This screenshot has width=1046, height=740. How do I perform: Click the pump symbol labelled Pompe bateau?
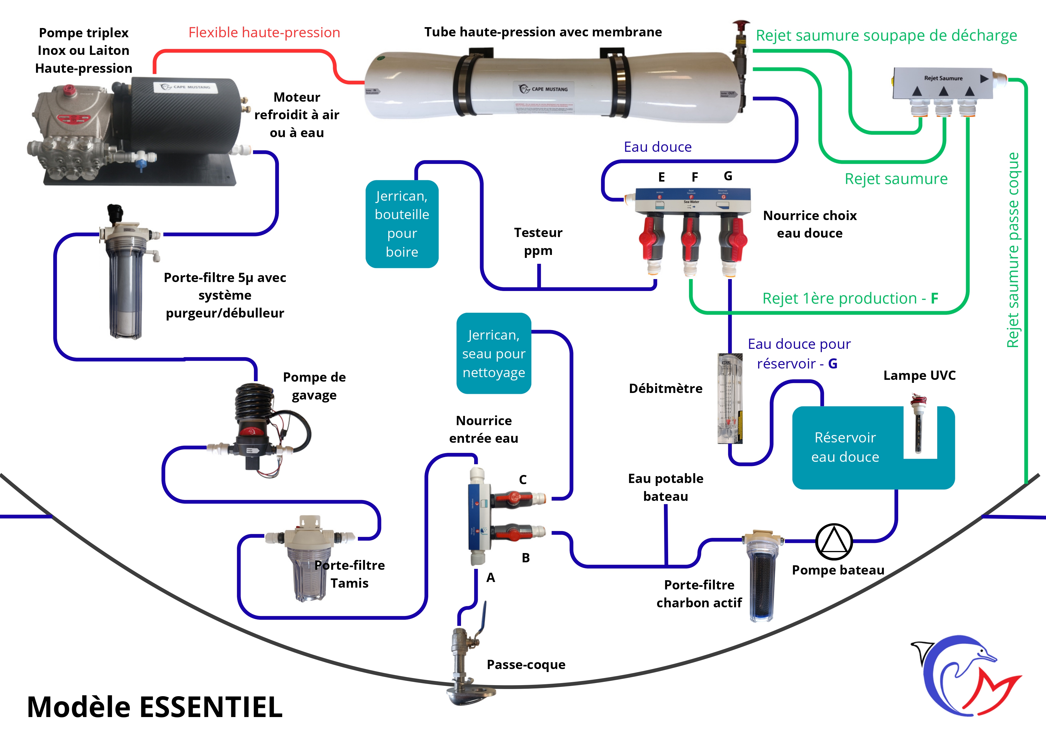(834, 541)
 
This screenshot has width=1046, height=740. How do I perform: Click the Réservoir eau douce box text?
(845, 447)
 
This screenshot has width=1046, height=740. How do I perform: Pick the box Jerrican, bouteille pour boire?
(402, 224)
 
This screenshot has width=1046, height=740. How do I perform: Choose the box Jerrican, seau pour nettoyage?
(494, 353)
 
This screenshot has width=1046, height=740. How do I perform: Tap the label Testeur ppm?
(538, 241)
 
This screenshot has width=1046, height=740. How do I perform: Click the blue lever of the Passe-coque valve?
(483, 615)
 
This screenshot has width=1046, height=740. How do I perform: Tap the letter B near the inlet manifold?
(526, 558)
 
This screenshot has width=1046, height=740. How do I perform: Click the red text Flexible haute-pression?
(264, 32)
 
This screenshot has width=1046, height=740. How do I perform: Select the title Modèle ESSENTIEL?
(155, 707)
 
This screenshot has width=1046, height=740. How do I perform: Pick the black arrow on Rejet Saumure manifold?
(984, 78)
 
